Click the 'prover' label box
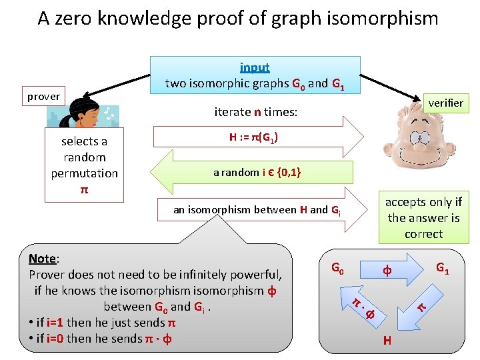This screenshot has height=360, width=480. [x=43, y=97]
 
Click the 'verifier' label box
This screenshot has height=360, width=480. [x=446, y=103]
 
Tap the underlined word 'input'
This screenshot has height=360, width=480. [x=255, y=67]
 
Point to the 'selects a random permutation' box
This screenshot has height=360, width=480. [x=84, y=165]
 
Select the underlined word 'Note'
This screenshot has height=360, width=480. [x=43, y=259]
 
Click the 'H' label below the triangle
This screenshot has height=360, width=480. [x=387, y=341]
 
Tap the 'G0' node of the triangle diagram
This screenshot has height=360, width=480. [x=338, y=269]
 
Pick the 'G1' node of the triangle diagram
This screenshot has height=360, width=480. [x=442, y=269]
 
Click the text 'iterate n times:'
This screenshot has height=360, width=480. [x=255, y=112]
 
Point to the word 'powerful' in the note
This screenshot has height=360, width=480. [x=257, y=275]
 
